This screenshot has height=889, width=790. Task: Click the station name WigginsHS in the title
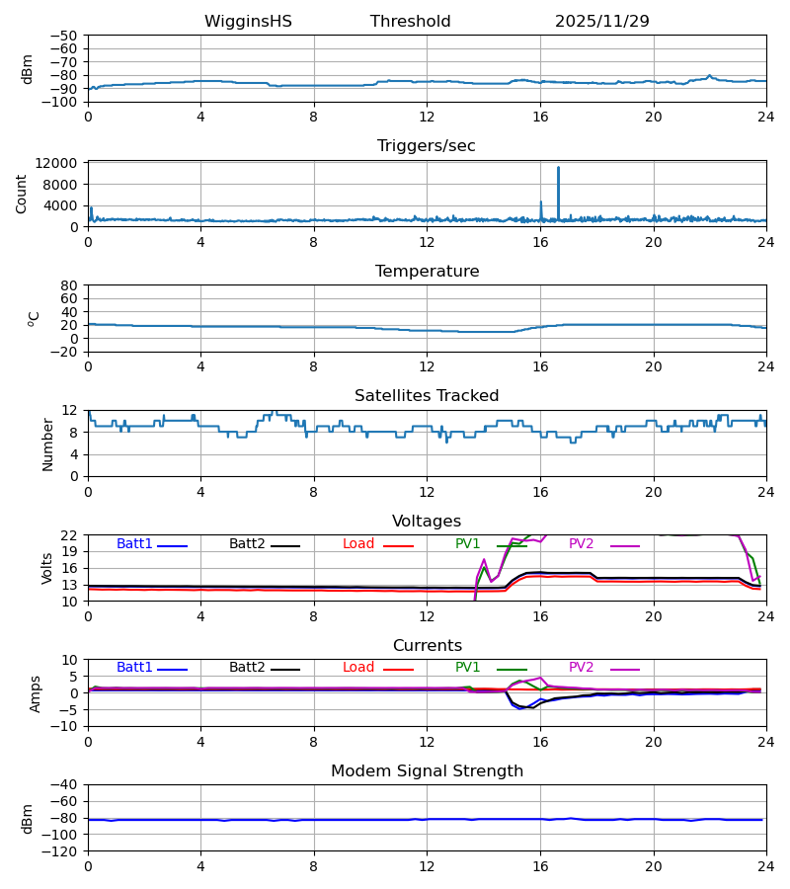click(x=248, y=22)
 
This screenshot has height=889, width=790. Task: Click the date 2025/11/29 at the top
click(x=601, y=22)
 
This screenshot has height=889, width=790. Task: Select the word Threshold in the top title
click(x=410, y=22)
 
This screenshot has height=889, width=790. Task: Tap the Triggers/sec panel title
click(x=426, y=146)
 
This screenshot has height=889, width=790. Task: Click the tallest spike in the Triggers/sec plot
click(x=558, y=168)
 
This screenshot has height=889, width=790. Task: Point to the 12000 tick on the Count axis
click(x=61, y=163)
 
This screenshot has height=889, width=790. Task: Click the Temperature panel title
click(x=427, y=272)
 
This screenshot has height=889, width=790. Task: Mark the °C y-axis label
click(x=34, y=318)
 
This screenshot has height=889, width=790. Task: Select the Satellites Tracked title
click(x=427, y=396)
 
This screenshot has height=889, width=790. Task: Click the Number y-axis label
click(x=48, y=444)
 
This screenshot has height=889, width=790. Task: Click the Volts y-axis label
click(x=47, y=568)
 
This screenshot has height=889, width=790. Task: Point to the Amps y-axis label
click(x=36, y=693)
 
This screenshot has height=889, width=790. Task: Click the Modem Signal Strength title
click(x=427, y=771)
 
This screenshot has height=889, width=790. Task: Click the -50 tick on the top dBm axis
click(x=65, y=36)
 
